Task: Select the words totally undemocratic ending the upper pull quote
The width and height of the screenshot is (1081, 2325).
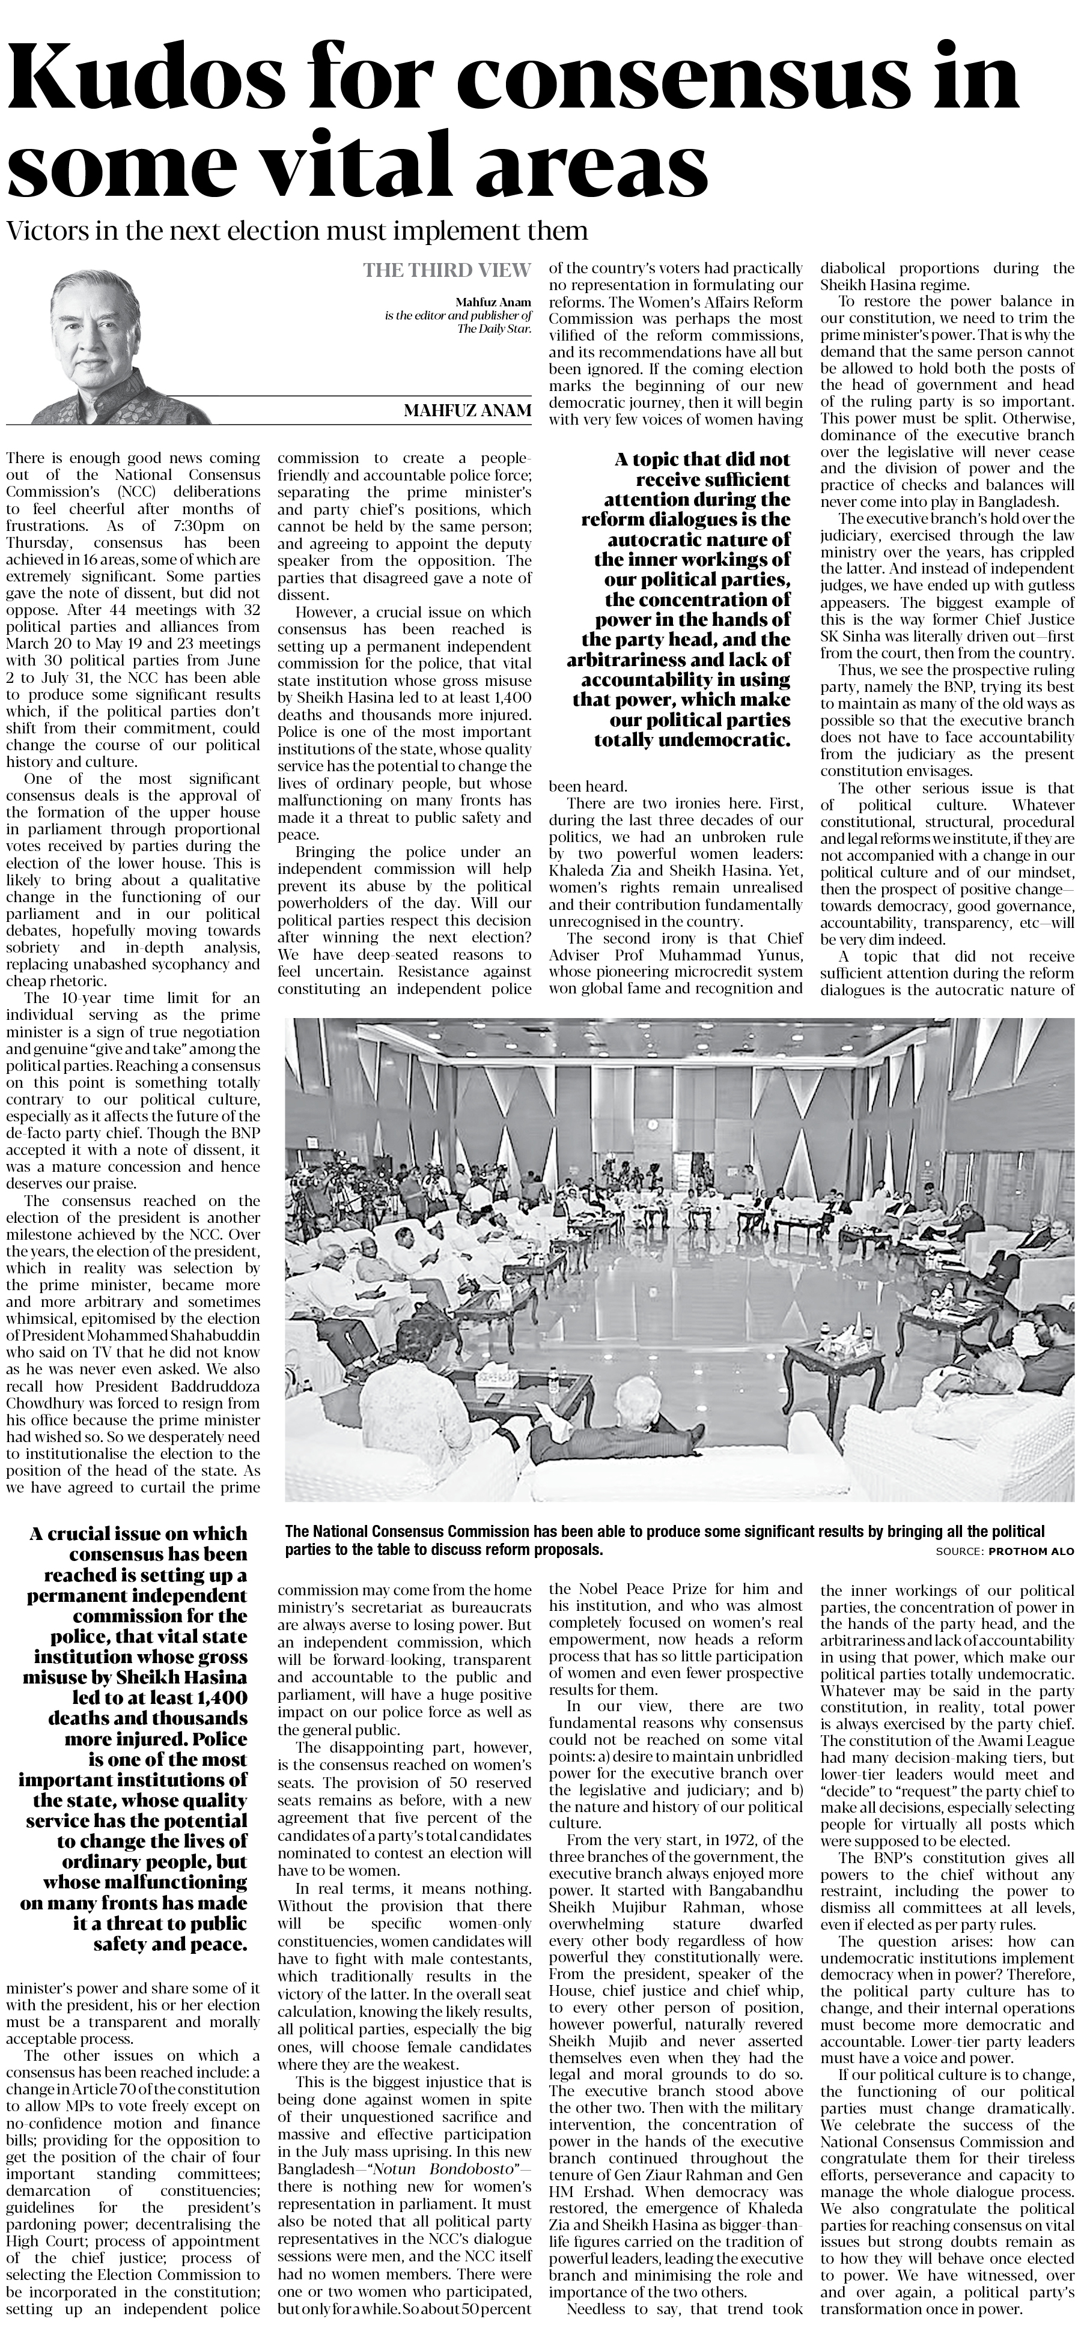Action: pyautogui.click(x=692, y=740)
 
